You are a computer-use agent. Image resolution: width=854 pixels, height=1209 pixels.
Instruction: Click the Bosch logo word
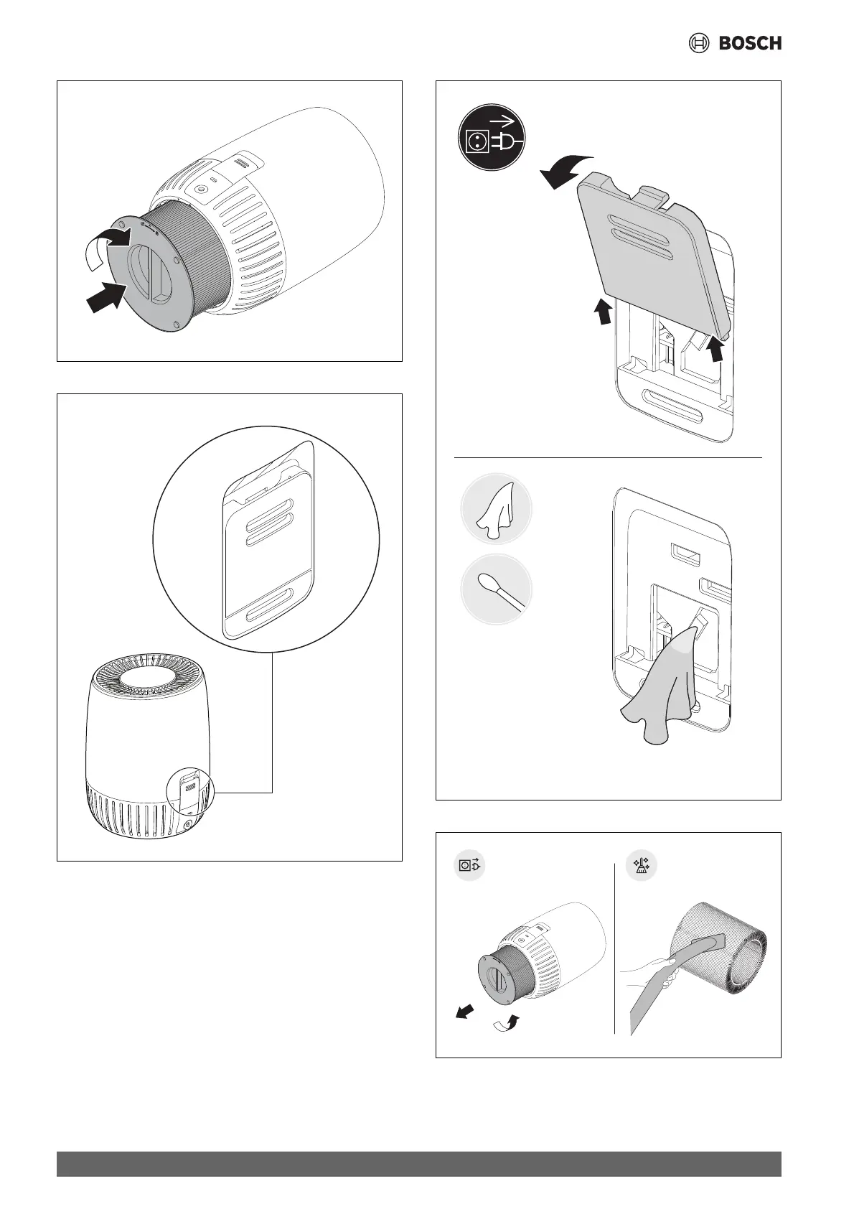point(750,44)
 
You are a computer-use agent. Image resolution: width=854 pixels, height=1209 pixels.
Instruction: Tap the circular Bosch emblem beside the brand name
point(698,44)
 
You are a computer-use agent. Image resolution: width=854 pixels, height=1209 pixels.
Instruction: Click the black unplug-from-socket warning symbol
point(492,139)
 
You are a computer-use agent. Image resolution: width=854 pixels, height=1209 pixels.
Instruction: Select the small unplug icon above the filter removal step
point(471,866)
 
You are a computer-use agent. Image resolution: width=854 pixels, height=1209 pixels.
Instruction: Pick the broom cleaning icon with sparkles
point(639,866)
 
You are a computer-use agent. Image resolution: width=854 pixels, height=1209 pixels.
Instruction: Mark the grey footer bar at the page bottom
point(419,1164)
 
